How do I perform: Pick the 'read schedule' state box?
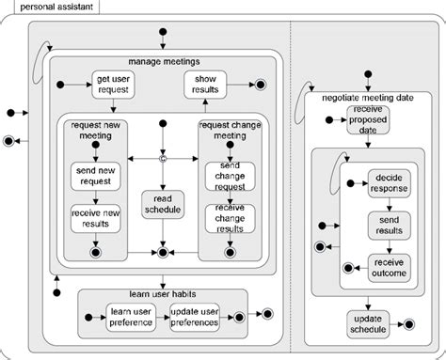point(162,204)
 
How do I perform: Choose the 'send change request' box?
point(228,176)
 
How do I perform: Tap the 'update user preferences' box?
point(196,318)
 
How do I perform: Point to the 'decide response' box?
point(389,182)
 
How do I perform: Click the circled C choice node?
point(162,159)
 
